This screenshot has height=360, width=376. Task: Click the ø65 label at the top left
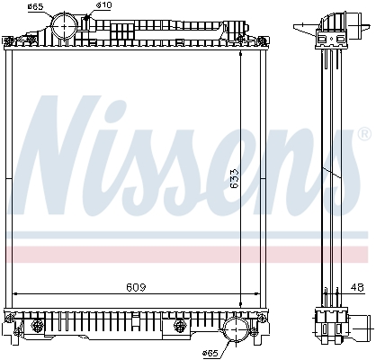click(35, 8)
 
